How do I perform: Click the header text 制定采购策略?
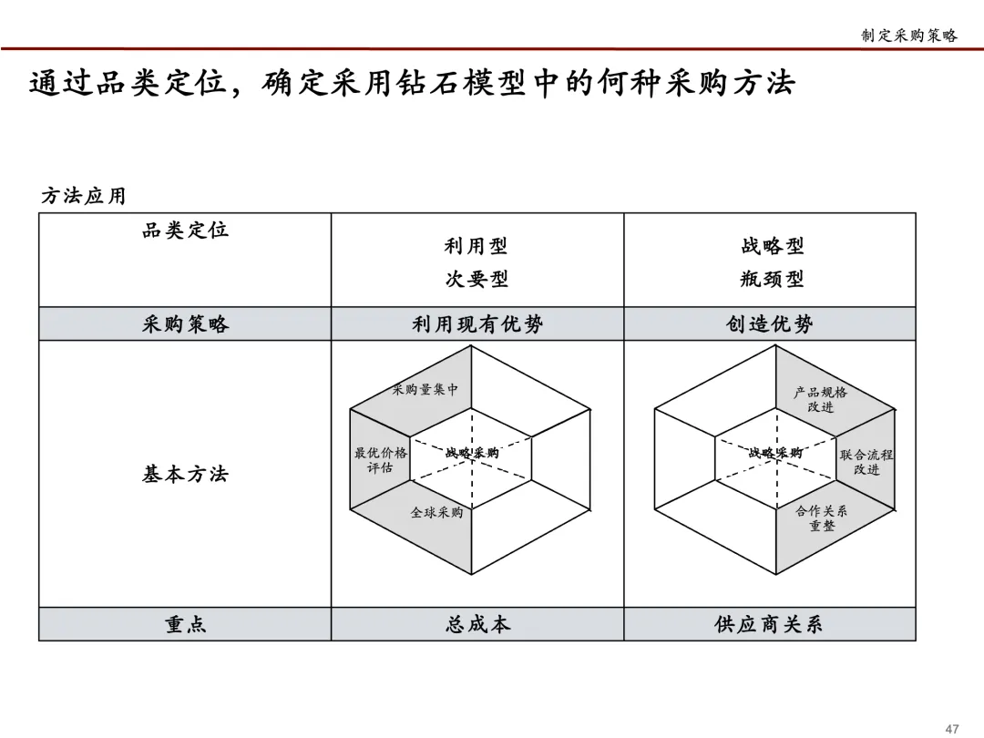pos(908,36)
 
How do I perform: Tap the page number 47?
pos(952,728)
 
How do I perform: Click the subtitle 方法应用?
pos(83,196)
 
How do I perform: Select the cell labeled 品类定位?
pos(185,231)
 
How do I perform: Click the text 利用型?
pos(476,246)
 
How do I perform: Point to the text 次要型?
pos(476,279)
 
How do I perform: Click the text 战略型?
pos(772,246)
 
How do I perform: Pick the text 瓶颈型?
pos(772,279)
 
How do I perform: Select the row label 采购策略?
pos(185,324)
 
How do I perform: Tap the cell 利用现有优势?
pos(477,324)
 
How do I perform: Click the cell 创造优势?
pos(770,324)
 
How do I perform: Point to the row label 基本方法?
pos(185,474)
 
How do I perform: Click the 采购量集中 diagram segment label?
pos(425,390)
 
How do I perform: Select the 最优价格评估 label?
pos(381,460)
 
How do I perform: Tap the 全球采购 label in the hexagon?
pos(436,512)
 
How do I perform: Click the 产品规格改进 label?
pos(820,399)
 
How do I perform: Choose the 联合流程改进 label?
pos(866,462)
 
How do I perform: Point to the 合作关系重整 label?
pos(821,518)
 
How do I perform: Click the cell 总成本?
pos(477,624)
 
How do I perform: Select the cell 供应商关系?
pos(770,624)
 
